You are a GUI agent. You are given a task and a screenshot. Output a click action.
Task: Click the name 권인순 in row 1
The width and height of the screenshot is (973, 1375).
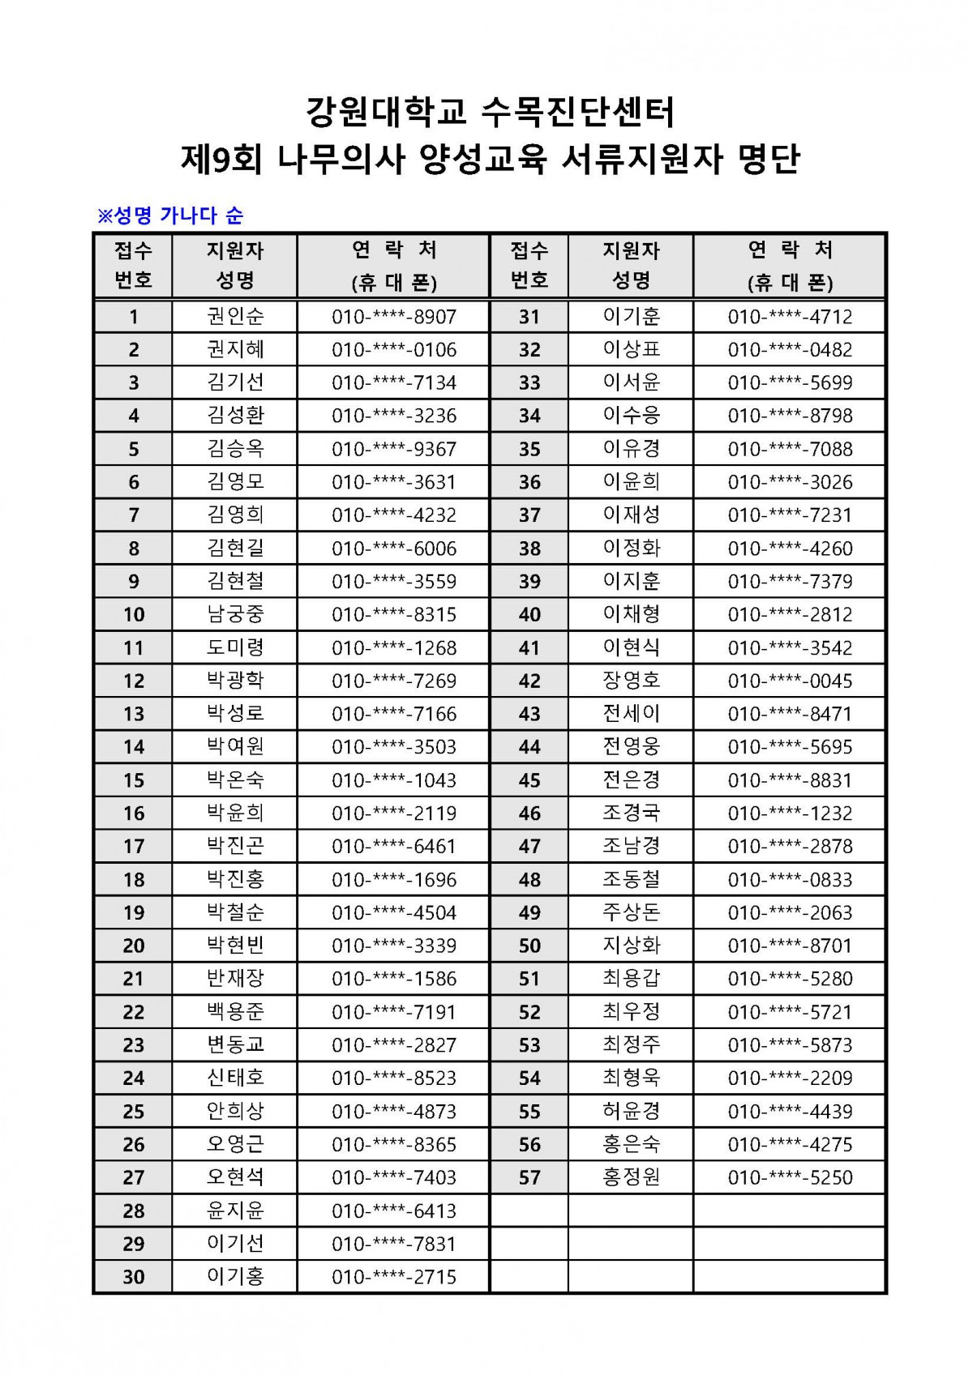point(235,316)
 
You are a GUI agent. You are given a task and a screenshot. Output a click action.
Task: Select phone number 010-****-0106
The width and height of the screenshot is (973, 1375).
point(394,350)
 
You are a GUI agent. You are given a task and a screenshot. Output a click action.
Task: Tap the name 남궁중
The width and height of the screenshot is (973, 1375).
point(235,614)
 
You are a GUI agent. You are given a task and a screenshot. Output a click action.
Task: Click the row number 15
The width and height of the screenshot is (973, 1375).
point(134,780)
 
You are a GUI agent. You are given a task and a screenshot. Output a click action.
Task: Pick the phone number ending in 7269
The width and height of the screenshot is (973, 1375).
point(394,681)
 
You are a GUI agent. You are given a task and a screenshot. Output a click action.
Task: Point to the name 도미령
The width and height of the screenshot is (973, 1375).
point(235,647)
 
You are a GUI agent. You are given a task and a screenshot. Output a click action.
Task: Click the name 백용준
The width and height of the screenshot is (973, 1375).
point(235,1011)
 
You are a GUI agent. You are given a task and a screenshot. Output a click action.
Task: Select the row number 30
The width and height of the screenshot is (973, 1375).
point(134,1277)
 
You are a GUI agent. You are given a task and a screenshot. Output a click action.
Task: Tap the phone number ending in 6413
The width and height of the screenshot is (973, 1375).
point(394,1211)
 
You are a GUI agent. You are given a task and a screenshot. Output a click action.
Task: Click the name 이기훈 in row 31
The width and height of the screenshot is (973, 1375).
point(632,316)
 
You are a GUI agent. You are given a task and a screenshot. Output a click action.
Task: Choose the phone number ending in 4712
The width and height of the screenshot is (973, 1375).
point(790,317)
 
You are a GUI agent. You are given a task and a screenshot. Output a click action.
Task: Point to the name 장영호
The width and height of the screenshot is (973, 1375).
point(632,681)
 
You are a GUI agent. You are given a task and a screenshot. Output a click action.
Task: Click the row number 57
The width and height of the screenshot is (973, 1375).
point(529,1177)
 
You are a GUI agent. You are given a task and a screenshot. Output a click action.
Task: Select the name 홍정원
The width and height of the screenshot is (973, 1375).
point(632,1177)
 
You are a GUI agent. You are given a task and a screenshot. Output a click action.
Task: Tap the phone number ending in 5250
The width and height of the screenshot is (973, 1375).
point(790,1177)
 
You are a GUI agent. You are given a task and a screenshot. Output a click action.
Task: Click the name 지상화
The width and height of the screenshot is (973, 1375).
point(632,946)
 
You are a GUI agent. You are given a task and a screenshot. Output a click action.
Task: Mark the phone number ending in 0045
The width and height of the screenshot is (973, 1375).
point(790,681)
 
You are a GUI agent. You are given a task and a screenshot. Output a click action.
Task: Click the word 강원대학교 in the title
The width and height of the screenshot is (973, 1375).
point(387,112)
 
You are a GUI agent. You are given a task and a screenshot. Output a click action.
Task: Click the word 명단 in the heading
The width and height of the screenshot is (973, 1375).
point(769,159)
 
